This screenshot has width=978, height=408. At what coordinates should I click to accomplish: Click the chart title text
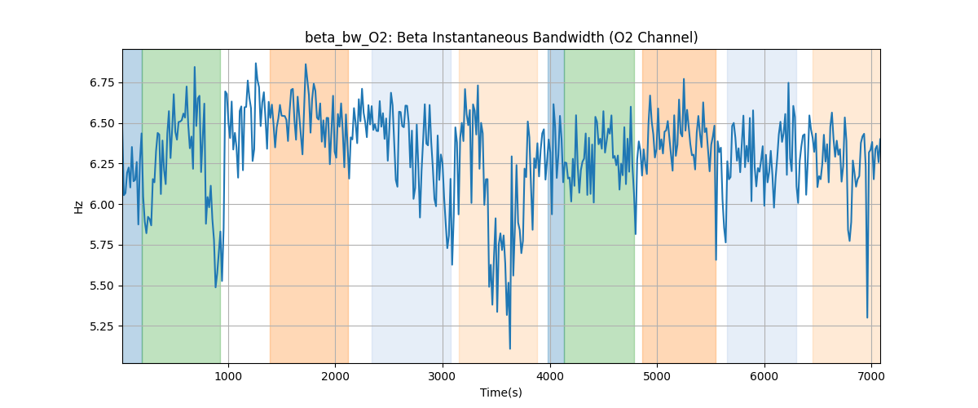[501, 38]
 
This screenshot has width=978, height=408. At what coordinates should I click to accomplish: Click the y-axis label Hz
[79, 206]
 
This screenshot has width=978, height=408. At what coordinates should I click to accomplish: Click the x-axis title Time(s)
[501, 392]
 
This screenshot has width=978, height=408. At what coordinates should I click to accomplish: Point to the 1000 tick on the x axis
[228, 375]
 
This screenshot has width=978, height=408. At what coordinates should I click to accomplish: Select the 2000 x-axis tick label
[335, 375]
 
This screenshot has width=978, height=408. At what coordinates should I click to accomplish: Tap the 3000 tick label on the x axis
[443, 375]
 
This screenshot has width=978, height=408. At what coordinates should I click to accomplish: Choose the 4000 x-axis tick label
[549, 375]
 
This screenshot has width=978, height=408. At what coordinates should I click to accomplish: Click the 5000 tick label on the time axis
[657, 375]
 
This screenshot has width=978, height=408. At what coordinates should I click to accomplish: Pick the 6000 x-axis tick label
[764, 375]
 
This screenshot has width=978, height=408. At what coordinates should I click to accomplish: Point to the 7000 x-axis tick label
[871, 375]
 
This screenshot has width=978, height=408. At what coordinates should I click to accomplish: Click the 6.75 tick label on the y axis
[104, 82]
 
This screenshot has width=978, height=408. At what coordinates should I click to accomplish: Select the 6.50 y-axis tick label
[104, 123]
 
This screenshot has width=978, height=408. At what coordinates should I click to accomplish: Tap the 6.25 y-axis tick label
[104, 164]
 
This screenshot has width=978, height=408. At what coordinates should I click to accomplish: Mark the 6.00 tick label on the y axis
[104, 205]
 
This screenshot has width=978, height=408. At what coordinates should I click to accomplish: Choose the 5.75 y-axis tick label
[104, 245]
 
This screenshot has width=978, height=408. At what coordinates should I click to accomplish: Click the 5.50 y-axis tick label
[104, 286]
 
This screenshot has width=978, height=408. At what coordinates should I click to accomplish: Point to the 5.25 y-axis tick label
[104, 326]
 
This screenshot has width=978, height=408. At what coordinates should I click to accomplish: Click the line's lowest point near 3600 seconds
[510, 348]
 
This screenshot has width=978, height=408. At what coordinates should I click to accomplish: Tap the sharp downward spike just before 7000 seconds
[867, 317]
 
